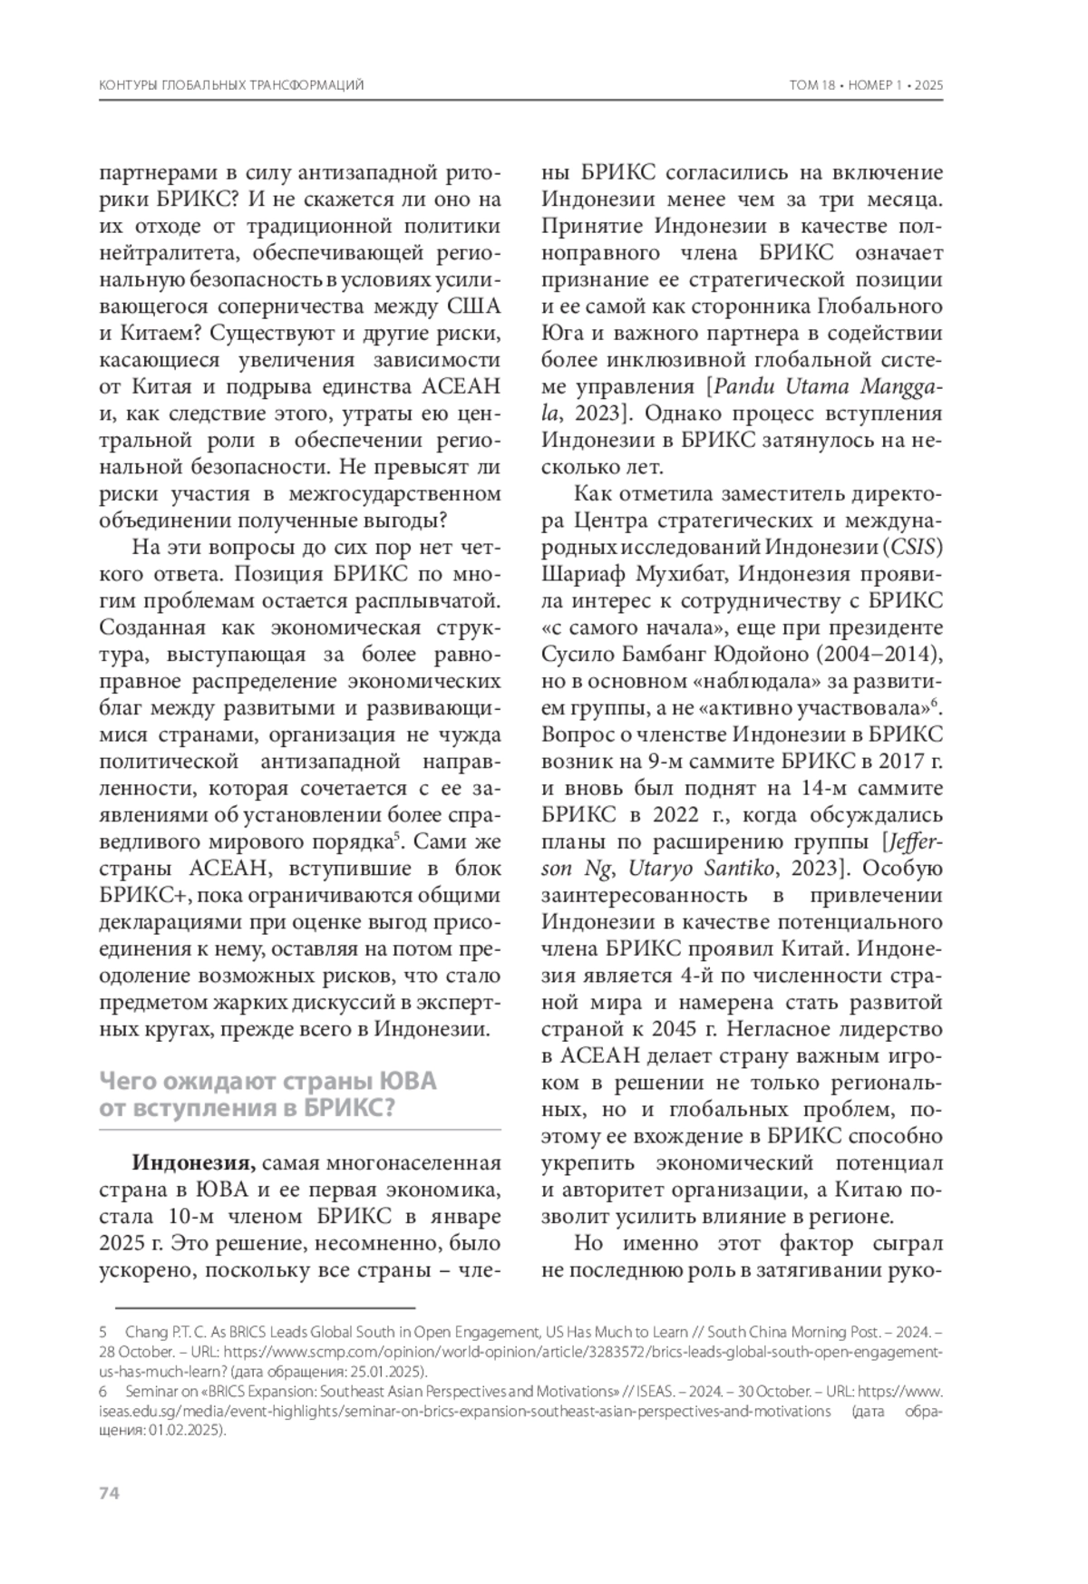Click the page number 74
[x=108, y=1493]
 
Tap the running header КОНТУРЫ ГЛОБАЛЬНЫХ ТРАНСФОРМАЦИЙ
[x=230, y=85]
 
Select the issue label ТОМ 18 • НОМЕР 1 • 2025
[x=867, y=85]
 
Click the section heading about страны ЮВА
[x=268, y=1094]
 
